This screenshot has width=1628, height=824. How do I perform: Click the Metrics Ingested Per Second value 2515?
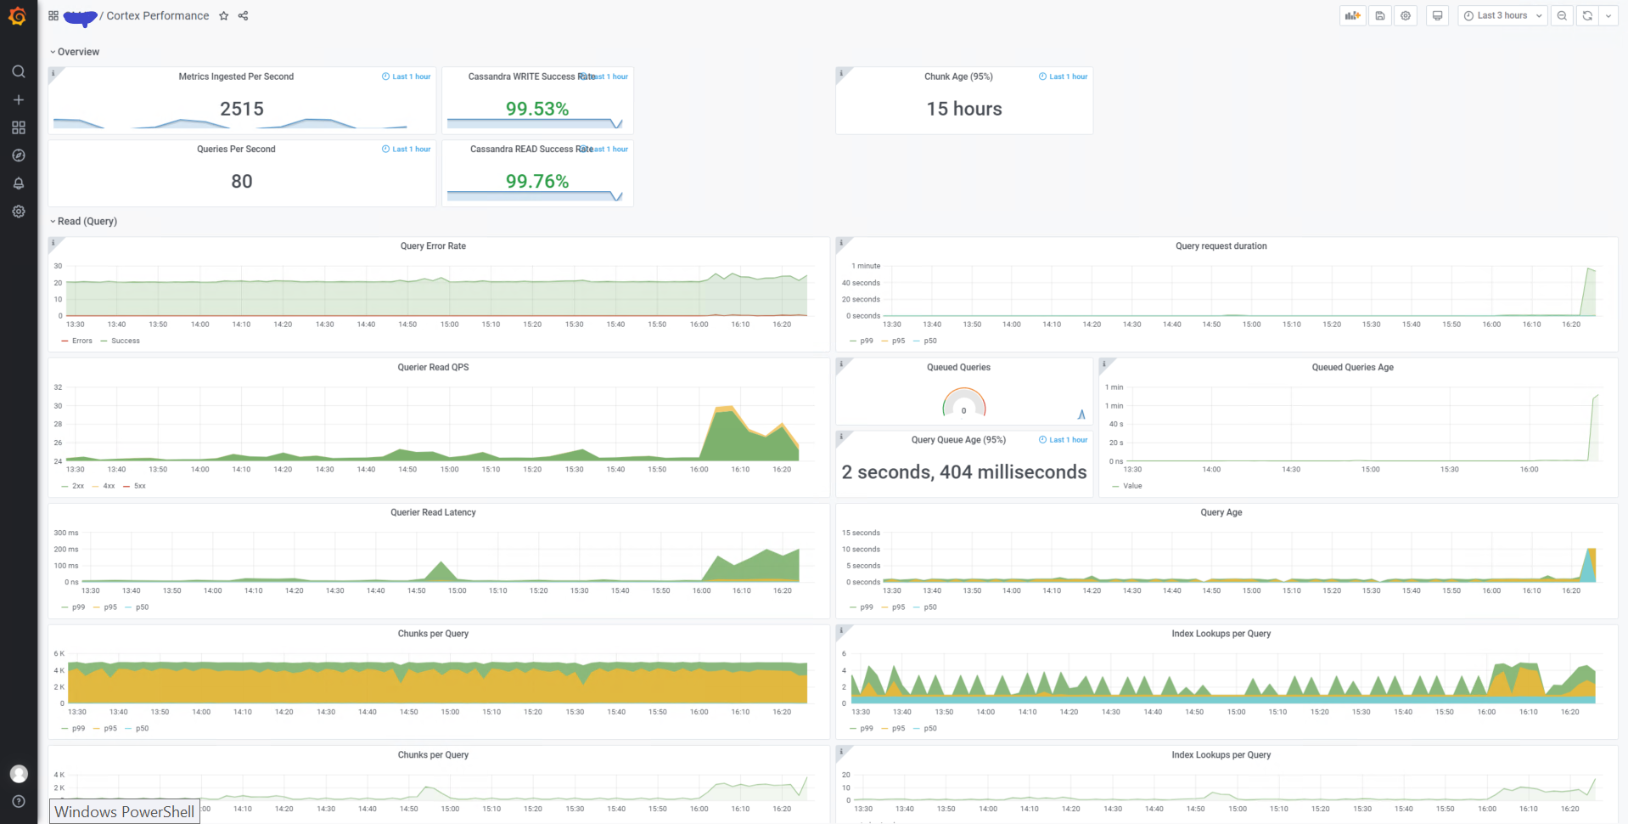(242, 109)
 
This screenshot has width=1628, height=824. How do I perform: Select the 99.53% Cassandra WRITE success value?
(536, 109)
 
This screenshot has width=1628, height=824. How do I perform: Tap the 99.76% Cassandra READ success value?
(536, 181)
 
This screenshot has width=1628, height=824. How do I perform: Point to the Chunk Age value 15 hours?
(963, 109)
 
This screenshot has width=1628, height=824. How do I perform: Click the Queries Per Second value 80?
(242, 181)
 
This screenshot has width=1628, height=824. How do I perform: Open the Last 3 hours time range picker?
(1502, 15)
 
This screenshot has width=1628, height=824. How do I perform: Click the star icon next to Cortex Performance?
(224, 16)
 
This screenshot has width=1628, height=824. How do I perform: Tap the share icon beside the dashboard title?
(244, 16)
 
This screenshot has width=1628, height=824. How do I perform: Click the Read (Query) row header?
(87, 221)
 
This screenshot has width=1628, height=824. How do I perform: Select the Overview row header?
(78, 52)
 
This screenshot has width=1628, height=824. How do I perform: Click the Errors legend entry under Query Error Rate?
(81, 341)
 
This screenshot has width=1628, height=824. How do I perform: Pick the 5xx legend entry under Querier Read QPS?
(139, 486)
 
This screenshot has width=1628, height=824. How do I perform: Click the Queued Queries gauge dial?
(963, 404)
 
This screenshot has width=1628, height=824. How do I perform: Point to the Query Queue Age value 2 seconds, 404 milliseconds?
(963, 472)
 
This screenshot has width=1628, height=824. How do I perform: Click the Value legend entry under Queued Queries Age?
(1131, 486)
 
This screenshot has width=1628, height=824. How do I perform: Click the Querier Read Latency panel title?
(433, 512)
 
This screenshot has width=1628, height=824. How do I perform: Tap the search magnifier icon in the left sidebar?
(19, 71)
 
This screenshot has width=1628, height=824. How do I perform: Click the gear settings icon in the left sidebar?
(19, 212)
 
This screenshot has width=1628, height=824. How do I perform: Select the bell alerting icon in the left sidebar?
(19, 183)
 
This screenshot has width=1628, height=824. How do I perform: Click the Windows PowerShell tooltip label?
(124, 811)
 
